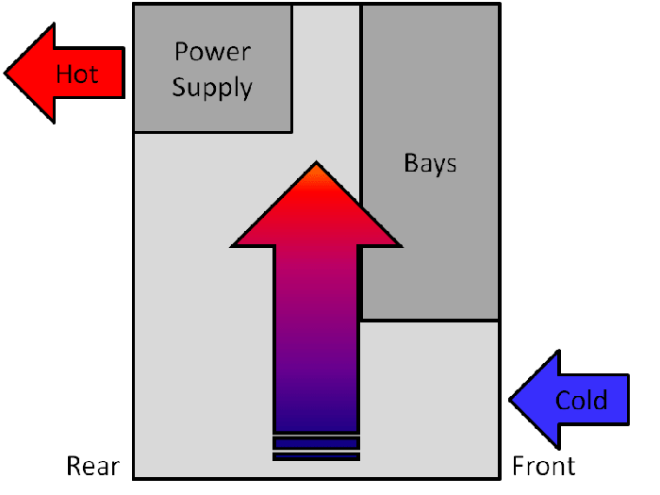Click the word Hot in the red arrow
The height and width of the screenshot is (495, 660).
tap(76, 74)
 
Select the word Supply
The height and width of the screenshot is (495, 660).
tap(212, 89)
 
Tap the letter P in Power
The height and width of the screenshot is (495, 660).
tap(179, 51)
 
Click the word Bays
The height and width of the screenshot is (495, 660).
tap(430, 163)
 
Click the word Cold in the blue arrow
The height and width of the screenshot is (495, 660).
tap(581, 400)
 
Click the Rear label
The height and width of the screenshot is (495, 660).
tap(92, 466)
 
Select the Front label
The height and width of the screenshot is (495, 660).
tap(543, 466)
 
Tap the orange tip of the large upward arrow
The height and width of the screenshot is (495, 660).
tap(317, 169)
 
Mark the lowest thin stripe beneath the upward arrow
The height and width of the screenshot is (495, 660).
tap(317, 457)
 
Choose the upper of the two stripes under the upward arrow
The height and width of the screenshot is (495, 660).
tap(317, 441)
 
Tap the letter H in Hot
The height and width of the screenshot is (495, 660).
tap(63, 74)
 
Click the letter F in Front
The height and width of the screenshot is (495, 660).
tap(518, 466)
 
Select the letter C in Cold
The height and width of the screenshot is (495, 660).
tap(563, 400)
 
